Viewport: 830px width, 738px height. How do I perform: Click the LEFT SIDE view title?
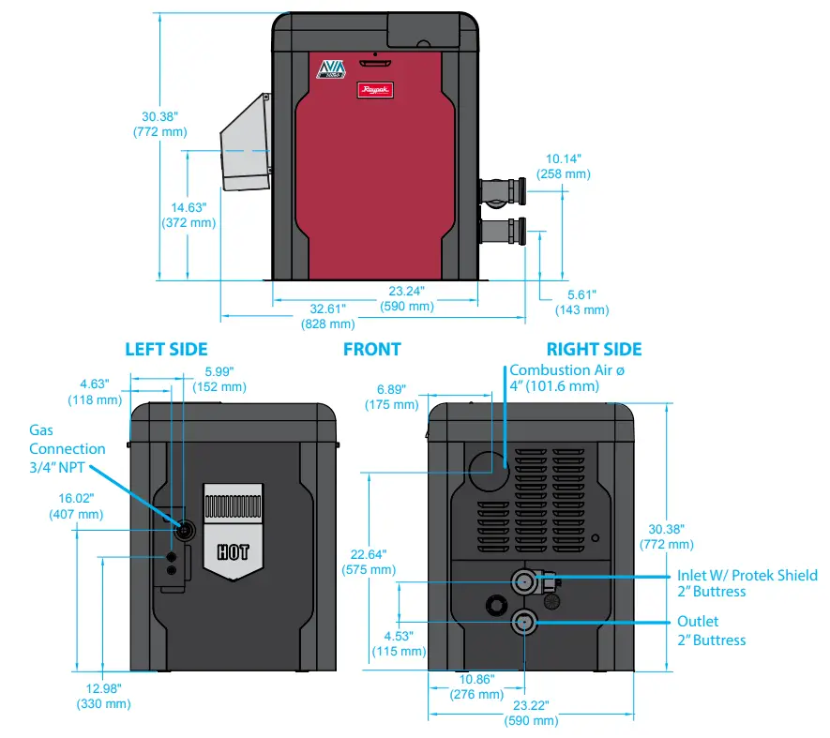[166, 349]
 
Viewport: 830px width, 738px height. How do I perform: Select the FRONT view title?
[371, 349]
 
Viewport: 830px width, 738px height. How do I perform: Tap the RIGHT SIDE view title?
[595, 349]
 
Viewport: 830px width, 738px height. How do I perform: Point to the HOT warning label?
[234, 550]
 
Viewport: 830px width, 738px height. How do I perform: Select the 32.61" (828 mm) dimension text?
[327, 316]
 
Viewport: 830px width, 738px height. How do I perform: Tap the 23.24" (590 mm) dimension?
[406, 298]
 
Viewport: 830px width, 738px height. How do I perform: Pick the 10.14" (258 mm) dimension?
[563, 166]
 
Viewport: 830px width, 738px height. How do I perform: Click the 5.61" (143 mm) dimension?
[581, 301]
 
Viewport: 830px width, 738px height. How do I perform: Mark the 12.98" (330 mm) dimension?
[102, 696]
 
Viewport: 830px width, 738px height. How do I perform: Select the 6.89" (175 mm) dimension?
[392, 396]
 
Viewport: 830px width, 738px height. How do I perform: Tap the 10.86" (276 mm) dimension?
[476, 685]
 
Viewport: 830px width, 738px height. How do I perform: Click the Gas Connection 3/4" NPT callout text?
[67, 448]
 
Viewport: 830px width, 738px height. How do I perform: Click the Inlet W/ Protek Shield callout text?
[747, 582]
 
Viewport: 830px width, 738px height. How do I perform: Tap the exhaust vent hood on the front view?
[245, 143]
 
